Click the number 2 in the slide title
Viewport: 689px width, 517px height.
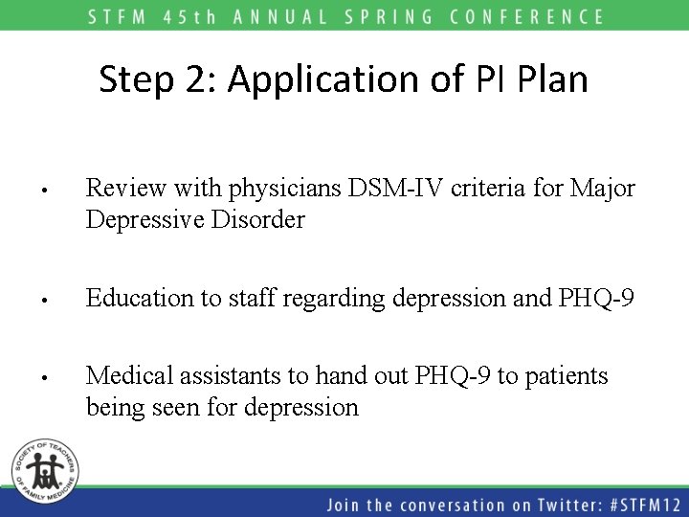pyautogui.click(x=200, y=79)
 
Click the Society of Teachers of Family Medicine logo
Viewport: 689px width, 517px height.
pyautogui.click(x=43, y=472)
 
